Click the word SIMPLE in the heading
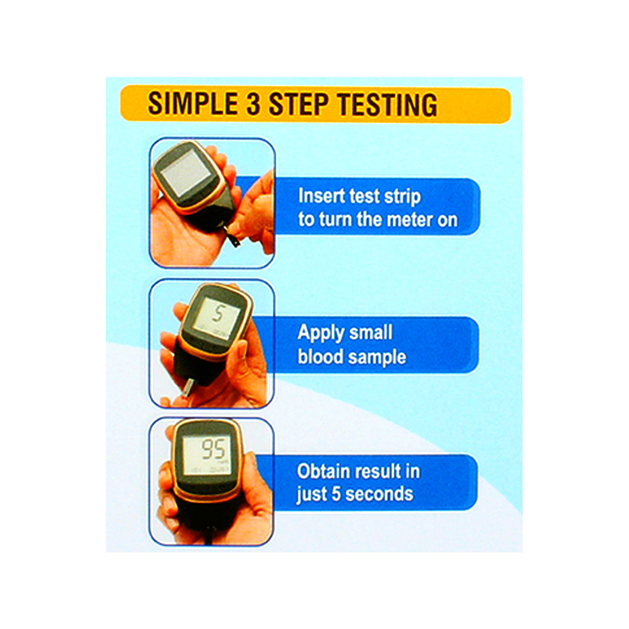pos(192,104)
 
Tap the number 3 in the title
pos(254,104)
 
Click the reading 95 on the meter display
pos(214,450)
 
